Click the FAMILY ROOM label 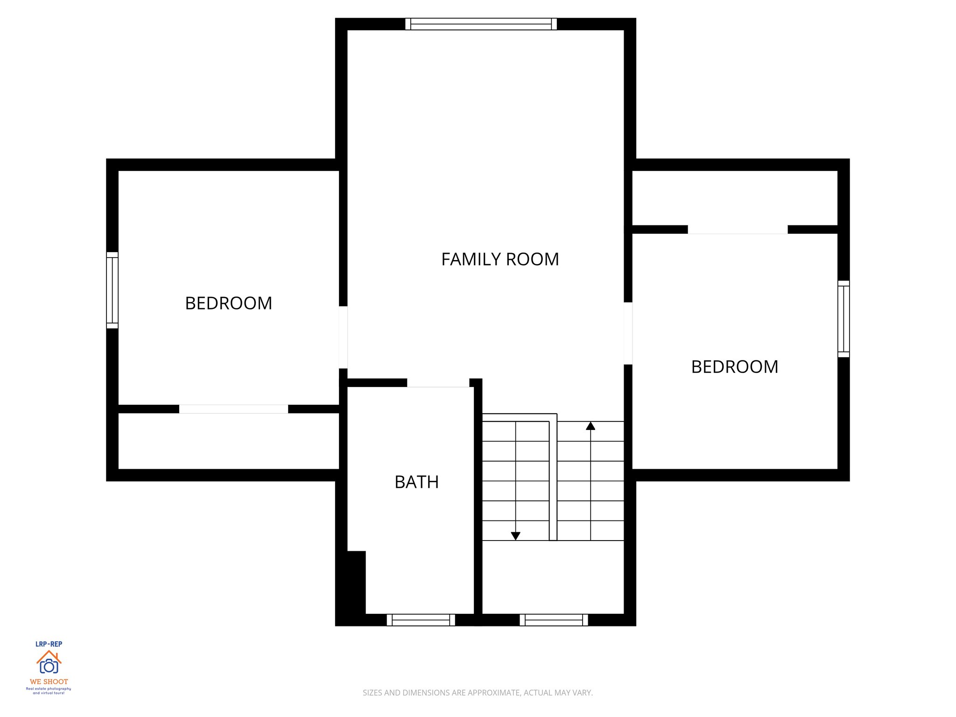click(x=500, y=260)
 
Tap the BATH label click(x=416, y=482)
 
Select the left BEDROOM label click(x=228, y=303)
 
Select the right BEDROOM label click(x=734, y=367)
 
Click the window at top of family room click(x=481, y=24)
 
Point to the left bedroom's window click(x=112, y=290)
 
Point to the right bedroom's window click(x=843, y=319)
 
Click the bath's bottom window click(x=421, y=620)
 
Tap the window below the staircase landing click(x=554, y=620)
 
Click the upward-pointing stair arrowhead click(x=590, y=426)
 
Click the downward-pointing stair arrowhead click(x=515, y=536)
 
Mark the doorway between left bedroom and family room click(x=343, y=337)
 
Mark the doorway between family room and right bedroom click(x=628, y=333)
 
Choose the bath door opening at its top click(x=438, y=383)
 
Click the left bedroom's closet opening click(x=233, y=409)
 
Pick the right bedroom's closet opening click(x=738, y=229)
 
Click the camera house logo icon click(x=49, y=662)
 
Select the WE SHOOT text click(x=49, y=682)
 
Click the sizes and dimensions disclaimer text click(x=478, y=693)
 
